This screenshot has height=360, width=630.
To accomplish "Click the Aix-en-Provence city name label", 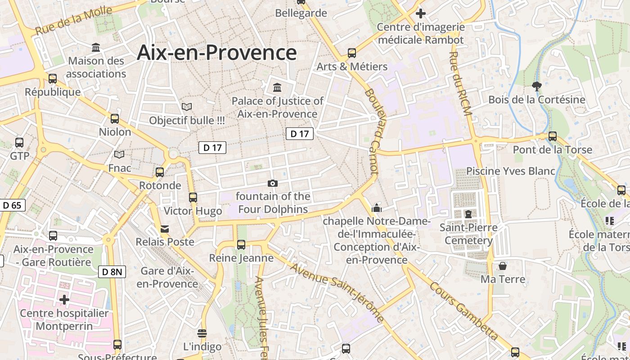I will [216, 53].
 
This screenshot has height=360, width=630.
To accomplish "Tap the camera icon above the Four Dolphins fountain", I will [272, 183].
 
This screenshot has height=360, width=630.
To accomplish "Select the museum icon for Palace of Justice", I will [277, 87].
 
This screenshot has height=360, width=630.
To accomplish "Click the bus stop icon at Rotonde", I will [159, 172].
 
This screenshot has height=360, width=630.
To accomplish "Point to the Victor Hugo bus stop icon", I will [193, 197].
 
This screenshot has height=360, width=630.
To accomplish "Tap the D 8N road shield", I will [112, 272].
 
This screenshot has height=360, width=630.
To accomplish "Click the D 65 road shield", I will [12, 206].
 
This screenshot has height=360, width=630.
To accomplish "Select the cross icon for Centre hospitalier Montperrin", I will [64, 299].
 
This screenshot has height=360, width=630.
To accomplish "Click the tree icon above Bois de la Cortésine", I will [536, 86].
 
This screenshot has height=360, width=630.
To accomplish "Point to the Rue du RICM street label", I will [459, 83].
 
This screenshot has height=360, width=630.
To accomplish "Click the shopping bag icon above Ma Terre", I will [503, 266].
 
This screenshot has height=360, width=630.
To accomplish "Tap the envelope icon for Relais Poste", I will [165, 229].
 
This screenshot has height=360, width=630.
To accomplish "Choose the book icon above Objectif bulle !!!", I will [187, 107].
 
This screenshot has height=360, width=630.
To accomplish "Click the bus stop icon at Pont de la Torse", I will [552, 136].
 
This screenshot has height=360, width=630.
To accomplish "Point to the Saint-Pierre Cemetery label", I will [468, 234].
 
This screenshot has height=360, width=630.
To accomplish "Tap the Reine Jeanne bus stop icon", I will [241, 245].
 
